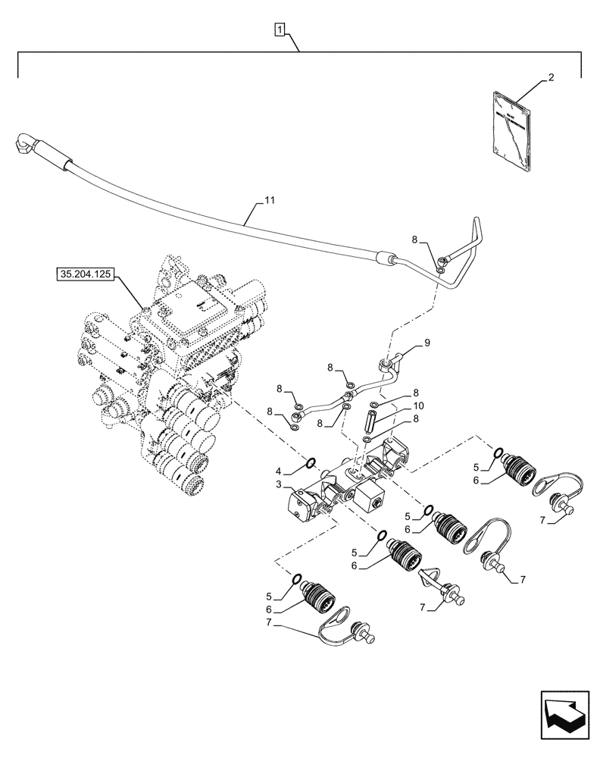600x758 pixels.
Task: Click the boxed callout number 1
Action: (280, 31)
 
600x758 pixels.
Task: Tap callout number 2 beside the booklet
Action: (551, 78)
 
